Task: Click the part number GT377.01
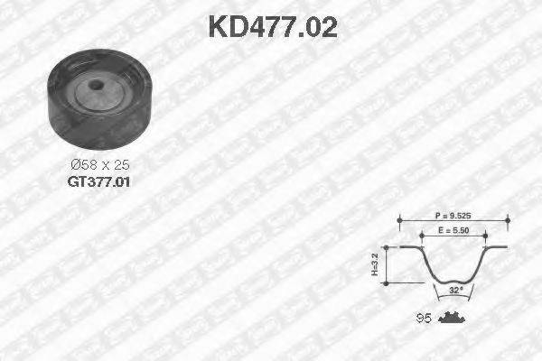point(98,180)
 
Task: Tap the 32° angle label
point(455,291)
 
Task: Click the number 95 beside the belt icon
point(422,317)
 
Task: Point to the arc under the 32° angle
point(455,299)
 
